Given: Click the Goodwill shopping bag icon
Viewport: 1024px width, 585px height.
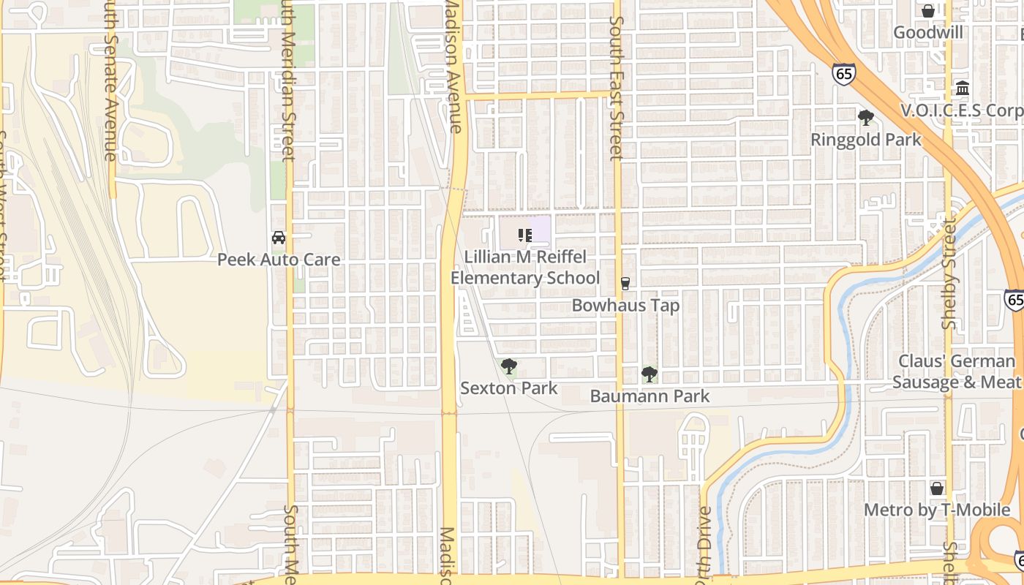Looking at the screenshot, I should [927, 11].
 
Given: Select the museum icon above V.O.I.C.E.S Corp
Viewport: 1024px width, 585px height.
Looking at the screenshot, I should [963, 88].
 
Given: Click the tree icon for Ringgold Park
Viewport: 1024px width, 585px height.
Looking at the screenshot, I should [866, 118].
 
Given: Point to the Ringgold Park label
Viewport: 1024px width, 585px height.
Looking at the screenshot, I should [866, 140].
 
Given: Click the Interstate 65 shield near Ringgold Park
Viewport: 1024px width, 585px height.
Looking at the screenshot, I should [843, 74].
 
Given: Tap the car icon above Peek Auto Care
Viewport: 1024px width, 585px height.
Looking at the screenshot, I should [279, 238].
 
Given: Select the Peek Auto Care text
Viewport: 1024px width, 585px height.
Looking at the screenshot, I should [279, 260].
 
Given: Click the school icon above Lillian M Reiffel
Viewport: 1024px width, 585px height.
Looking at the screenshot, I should [524, 235].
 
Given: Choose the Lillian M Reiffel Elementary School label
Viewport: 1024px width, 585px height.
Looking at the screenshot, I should [525, 268].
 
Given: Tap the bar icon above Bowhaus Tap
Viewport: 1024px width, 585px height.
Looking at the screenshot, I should [625, 284].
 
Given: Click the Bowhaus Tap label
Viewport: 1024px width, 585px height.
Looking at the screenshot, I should [625, 306].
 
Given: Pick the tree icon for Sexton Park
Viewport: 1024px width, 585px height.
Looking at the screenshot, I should [508, 366].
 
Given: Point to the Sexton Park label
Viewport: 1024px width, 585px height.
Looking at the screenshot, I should [508, 388].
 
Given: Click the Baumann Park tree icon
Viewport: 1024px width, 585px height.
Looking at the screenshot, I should [649, 374].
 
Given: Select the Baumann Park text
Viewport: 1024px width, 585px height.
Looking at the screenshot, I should [650, 396].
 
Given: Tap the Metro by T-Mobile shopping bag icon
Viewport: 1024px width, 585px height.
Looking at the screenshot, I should [936, 488].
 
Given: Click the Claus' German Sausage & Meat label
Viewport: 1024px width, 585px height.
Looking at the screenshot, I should [957, 371].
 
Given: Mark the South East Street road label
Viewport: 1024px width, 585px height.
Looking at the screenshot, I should [616, 80].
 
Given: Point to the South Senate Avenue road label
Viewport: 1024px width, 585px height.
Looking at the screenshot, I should [110, 80].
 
